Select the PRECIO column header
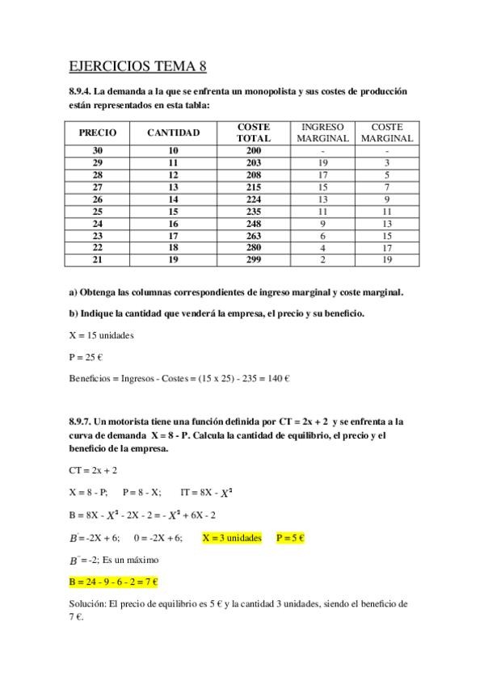97,132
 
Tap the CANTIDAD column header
173,132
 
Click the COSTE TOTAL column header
253,132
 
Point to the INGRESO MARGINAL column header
322,132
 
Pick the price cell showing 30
97,151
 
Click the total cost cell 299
253,259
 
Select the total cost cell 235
253,211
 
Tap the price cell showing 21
97,259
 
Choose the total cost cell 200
253,151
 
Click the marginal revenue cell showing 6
322,235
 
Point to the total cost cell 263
253,235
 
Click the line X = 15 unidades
101,334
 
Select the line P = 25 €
87,356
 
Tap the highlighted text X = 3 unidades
232,537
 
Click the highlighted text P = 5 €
290,537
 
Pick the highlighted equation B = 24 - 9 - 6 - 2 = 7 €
114,581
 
